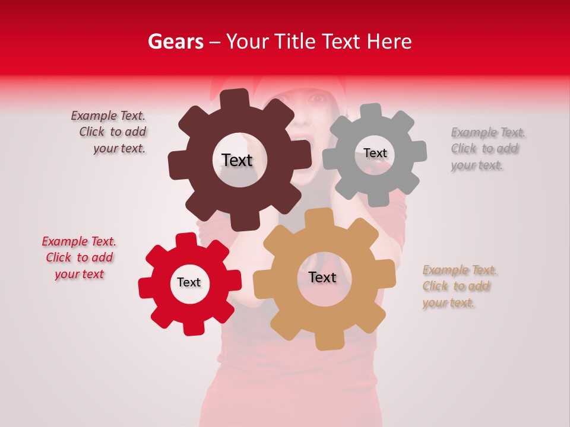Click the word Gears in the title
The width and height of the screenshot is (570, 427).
point(175,42)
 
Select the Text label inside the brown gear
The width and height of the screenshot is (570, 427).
point(237,160)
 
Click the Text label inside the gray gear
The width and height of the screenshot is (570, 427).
point(375,153)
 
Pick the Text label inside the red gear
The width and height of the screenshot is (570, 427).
point(189,282)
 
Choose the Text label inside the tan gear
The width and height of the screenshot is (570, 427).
point(322,277)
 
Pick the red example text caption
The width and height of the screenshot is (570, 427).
point(79,258)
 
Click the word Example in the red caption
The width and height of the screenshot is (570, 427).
point(64,241)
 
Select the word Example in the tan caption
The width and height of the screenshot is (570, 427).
point(445,270)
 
